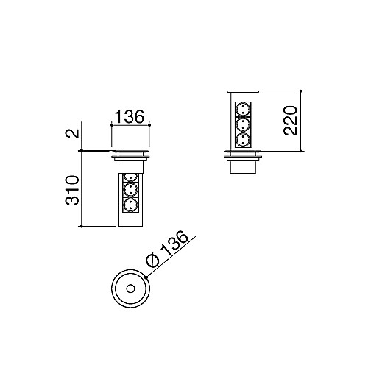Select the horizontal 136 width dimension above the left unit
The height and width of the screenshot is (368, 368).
(129, 116)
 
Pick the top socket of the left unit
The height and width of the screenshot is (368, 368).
(130, 178)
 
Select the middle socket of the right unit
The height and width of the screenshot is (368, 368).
(243, 123)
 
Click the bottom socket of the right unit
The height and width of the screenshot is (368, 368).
(243, 137)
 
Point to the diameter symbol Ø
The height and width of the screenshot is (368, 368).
(151, 261)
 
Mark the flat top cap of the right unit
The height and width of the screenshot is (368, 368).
(243, 91)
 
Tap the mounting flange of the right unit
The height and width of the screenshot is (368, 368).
(243, 155)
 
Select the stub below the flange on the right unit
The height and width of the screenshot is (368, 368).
(243, 167)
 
